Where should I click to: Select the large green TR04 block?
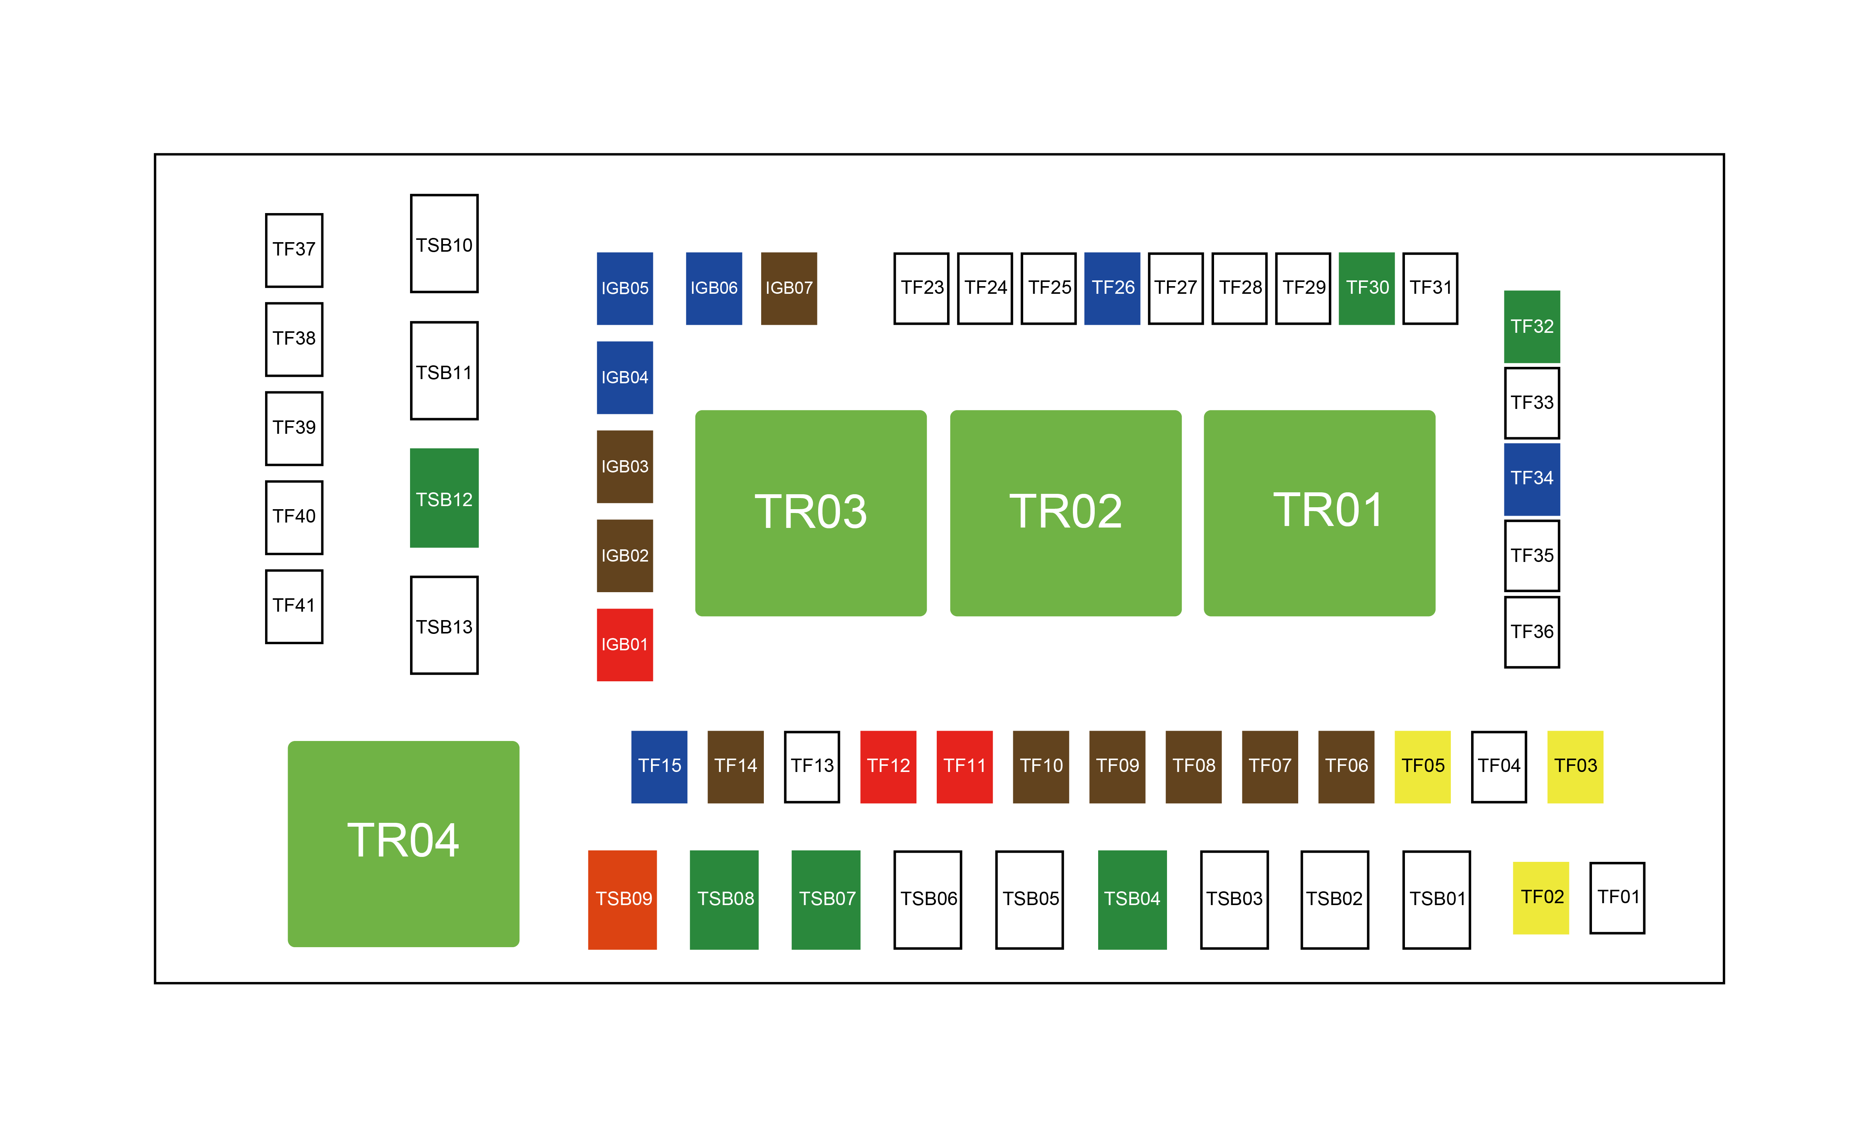(403, 843)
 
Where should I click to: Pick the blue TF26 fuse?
(1112, 288)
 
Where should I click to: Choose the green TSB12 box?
(444, 498)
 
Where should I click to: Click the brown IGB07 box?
(789, 288)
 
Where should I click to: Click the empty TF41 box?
(294, 606)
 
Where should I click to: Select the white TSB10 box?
(444, 244)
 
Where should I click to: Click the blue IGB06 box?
(713, 288)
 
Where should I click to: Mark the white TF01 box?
(1617, 897)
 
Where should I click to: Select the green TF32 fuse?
(1532, 326)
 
